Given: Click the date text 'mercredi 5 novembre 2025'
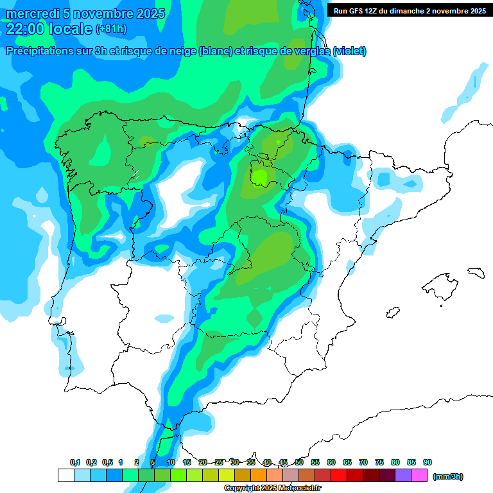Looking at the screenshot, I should point(86,13).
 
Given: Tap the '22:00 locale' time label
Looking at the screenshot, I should point(49,28).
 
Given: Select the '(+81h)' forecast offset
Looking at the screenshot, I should point(111,29).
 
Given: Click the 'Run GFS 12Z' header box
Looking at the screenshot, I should point(410,10).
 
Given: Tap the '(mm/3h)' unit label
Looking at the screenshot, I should point(448,476).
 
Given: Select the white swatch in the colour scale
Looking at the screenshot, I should point(65,476).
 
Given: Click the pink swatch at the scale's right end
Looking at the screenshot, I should point(419,476).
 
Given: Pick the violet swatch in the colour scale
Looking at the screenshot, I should point(403,476).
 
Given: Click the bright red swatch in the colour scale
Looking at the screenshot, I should point(339,476).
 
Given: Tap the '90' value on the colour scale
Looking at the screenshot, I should point(428,462).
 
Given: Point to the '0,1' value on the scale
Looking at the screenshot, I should point(75,462).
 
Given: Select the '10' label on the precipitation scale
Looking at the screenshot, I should point(171,462).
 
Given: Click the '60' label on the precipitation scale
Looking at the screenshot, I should point(331,462).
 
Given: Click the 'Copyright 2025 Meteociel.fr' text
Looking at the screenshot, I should point(273,488).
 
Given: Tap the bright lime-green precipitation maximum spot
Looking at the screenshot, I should point(260,175).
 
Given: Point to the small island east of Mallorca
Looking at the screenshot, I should point(475,272).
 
